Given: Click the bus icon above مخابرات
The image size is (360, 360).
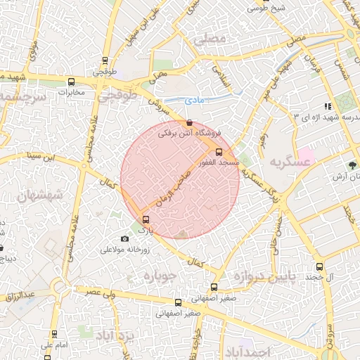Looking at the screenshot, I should [71, 81].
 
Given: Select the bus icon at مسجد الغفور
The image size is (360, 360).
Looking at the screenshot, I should [219, 151].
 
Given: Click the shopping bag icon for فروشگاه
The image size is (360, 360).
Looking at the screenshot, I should [188, 122].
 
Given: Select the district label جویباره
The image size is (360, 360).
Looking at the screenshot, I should [162, 275].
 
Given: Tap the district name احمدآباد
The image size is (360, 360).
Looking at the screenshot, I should [249, 349].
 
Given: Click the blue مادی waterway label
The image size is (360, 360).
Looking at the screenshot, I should [196, 101].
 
